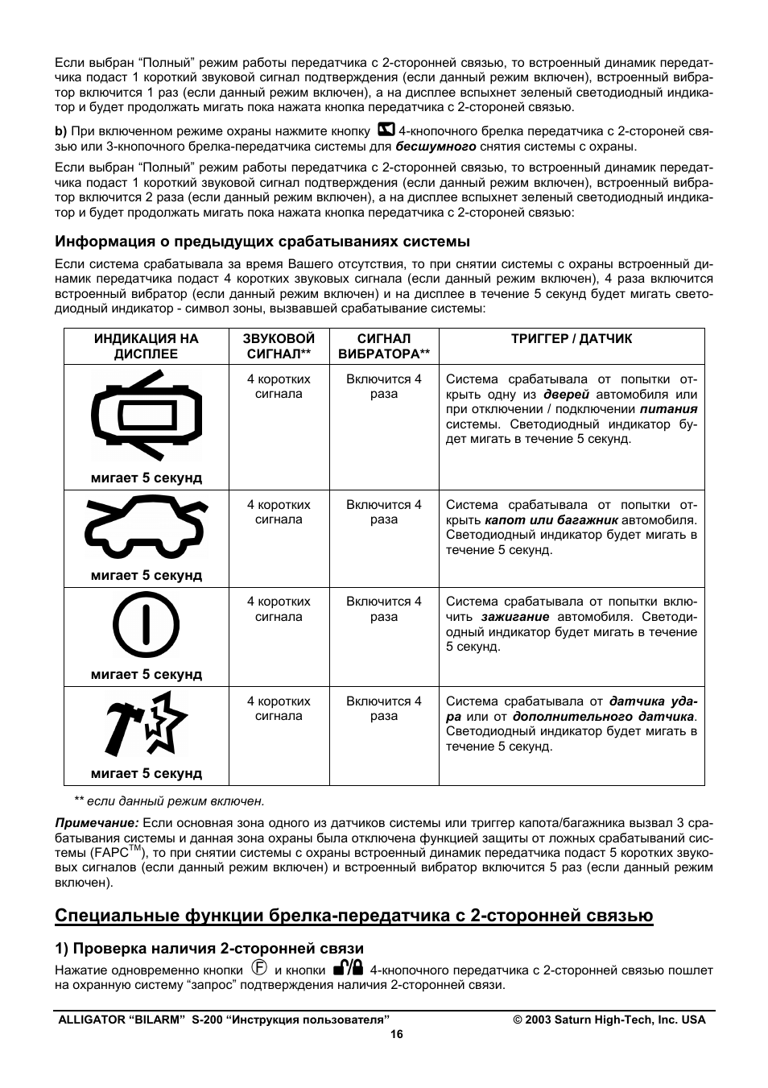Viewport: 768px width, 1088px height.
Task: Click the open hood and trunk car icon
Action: (146, 528)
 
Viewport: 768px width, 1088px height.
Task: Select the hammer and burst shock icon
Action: (146, 723)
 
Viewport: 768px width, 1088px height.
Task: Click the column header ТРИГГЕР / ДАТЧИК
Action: (572, 339)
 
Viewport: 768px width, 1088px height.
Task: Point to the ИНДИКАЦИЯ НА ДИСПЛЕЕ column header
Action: (147, 346)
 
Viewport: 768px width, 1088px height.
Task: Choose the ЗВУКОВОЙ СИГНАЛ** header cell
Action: (279, 346)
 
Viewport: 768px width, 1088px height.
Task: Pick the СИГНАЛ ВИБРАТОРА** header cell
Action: (384, 346)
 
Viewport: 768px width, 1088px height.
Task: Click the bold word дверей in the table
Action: (567, 395)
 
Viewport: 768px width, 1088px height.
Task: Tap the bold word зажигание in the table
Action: (515, 617)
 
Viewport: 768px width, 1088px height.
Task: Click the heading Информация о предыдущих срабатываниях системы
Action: (262, 242)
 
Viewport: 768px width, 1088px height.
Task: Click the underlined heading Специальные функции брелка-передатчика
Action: (354, 916)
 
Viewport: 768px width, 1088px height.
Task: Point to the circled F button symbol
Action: (258, 969)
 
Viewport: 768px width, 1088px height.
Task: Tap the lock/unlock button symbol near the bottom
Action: (349, 969)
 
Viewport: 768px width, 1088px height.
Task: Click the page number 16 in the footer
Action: (395, 1035)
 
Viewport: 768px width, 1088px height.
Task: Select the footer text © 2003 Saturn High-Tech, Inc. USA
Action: (609, 1020)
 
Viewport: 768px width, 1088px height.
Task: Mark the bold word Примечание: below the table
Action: (97, 822)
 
